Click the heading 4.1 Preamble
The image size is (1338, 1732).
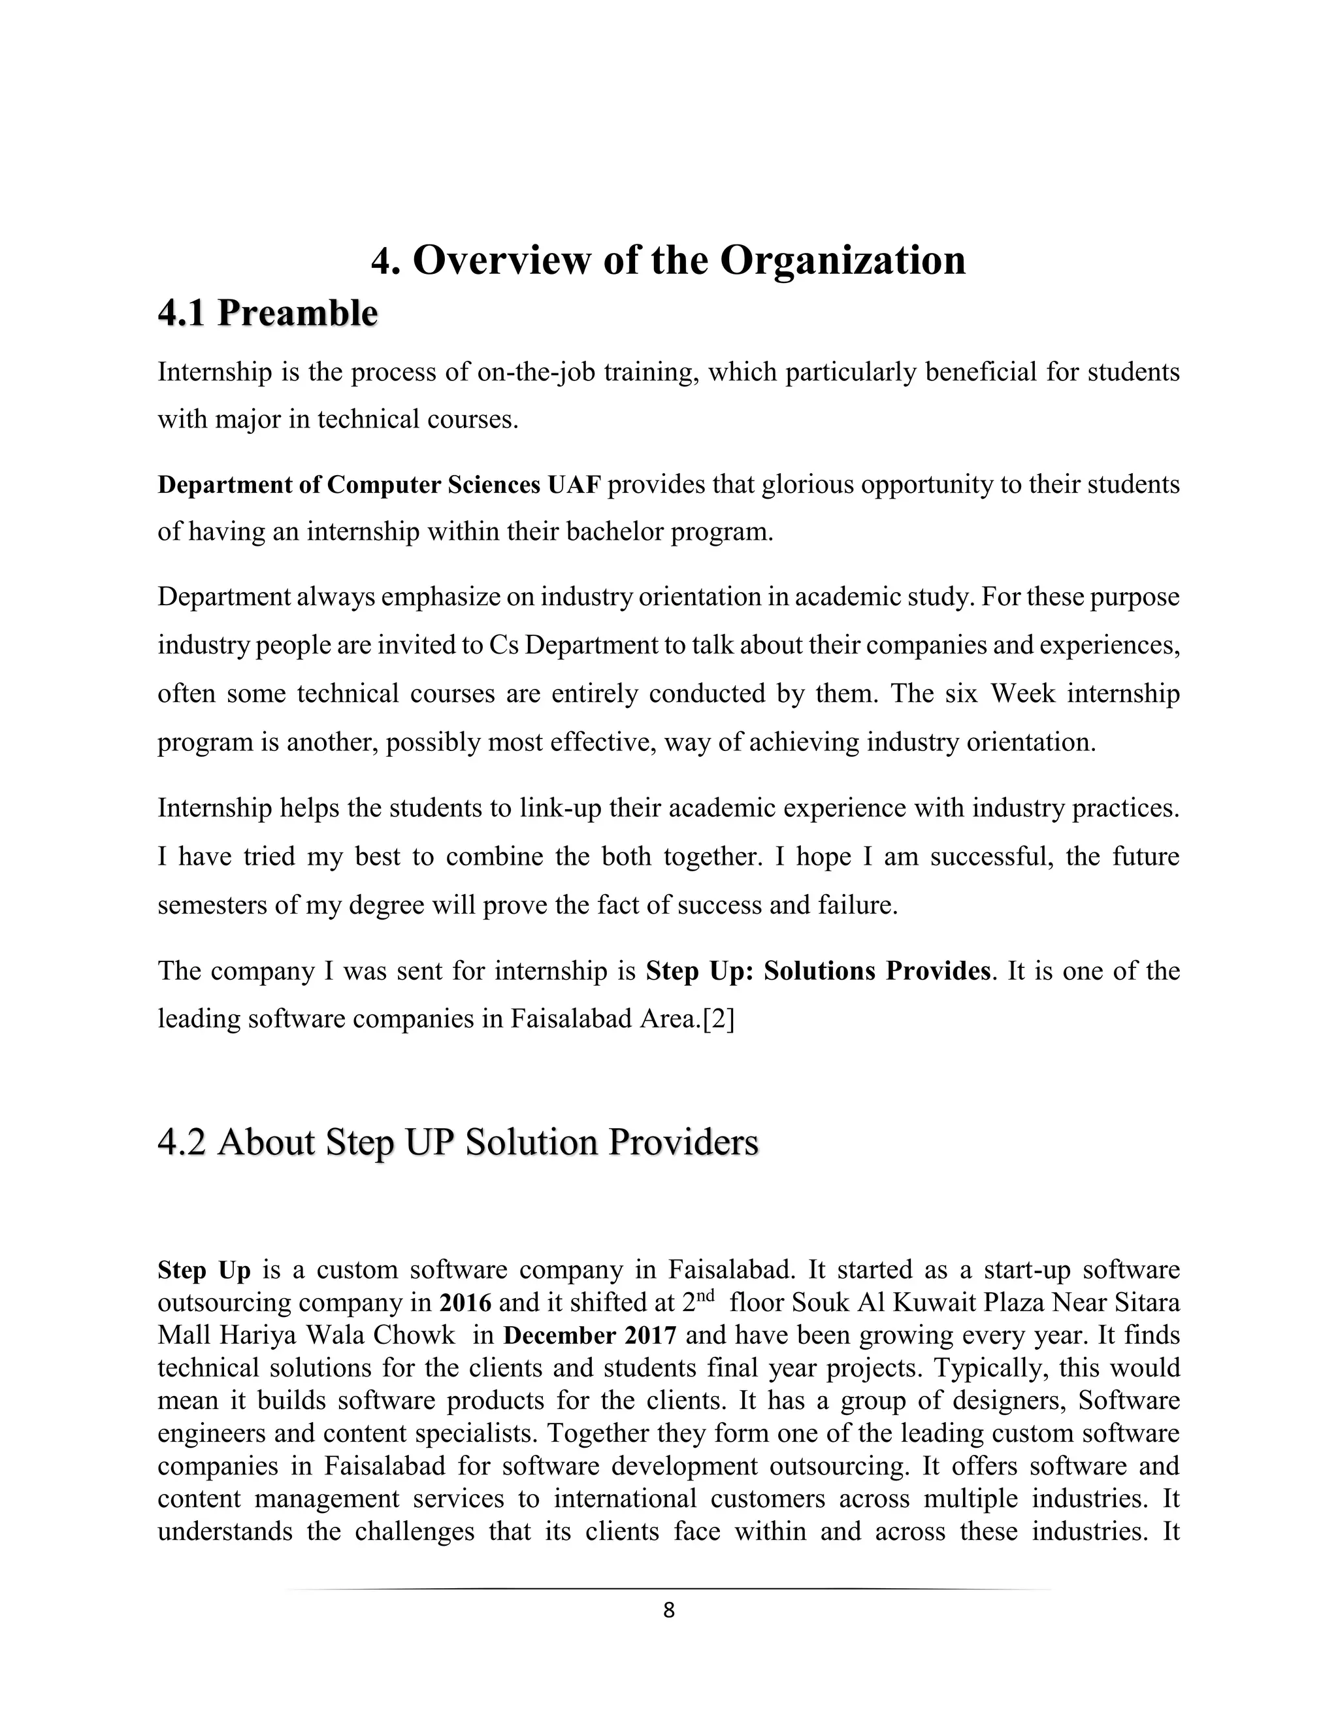pyautogui.click(x=267, y=313)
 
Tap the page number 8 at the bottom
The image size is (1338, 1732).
pyautogui.click(x=668, y=1610)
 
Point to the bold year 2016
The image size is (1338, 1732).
pyautogui.click(x=465, y=1302)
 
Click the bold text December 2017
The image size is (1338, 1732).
pyautogui.click(x=590, y=1335)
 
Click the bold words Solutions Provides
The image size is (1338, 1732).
pyautogui.click(x=877, y=971)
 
